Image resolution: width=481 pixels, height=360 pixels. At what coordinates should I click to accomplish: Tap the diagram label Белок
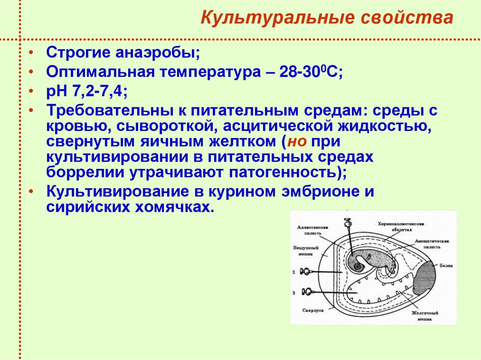click(446, 265)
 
